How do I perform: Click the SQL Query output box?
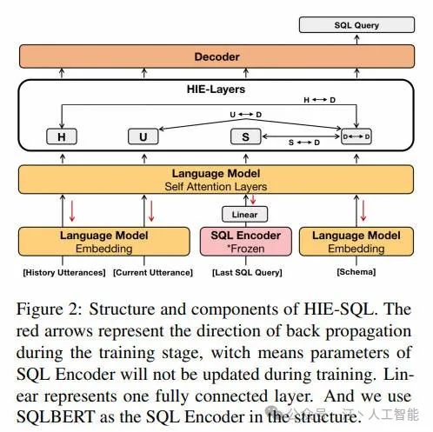coord(356,25)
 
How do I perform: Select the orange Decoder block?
coord(216,56)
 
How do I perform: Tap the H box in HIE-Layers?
coord(62,136)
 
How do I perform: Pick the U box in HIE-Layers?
coord(143,136)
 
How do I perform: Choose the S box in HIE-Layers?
coord(246,136)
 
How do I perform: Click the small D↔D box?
coord(356,136)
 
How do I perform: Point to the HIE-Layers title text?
coord(216,89)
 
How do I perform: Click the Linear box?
coord(244,215)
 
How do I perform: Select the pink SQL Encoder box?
coord(246,242)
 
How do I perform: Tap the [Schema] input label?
coord(356,272)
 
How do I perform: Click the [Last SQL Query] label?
coord(247,272)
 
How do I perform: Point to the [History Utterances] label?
coord(64,272)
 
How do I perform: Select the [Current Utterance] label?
coord(153,272)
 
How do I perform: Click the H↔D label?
coord(319,100)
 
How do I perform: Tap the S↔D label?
coord(304,143)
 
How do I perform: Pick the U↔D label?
coord(245,115)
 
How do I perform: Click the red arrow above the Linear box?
coord(253,199)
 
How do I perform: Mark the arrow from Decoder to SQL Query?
coord(356,39)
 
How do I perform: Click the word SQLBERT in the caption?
coord(56,416)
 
